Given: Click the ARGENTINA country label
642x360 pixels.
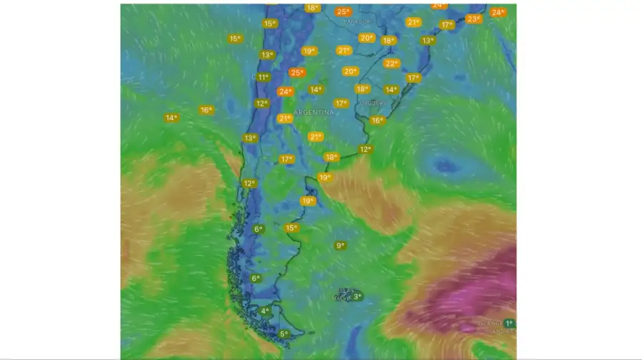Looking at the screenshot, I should pos(314,113).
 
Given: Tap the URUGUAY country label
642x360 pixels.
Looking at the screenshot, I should pos(372,103).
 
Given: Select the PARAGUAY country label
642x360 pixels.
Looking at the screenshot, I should pos(358,21).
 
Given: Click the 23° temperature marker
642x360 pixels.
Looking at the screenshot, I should pos(474,19).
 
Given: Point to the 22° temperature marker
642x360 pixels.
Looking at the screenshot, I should pos(392,63).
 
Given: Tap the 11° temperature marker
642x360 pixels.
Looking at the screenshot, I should pos(263,77).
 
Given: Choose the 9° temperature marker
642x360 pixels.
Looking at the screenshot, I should pos(340,245).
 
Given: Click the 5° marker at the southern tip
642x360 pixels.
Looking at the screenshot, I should pos(283,334).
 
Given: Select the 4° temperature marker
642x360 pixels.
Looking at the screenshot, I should pos(265,311).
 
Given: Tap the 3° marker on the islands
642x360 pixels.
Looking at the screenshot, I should pos(357,297).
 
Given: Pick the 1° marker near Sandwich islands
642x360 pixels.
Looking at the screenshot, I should pos(509,324).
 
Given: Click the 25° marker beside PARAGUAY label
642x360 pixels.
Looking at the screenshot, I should pos(343,11).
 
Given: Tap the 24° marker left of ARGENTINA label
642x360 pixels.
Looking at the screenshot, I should pos(285,91).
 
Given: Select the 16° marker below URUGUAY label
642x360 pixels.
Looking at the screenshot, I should pos(377,120).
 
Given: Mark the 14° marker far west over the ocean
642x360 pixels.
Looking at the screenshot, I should pos(171,118).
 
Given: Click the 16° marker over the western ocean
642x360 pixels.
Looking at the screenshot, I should pos(205,110).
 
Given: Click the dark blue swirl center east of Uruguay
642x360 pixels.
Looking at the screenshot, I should pos(446,165).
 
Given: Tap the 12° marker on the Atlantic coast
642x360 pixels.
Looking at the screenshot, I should pos(365,149).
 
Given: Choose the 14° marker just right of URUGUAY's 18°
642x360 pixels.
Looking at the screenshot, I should pos(391,90).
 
